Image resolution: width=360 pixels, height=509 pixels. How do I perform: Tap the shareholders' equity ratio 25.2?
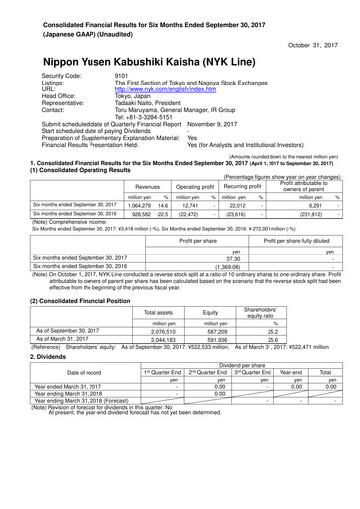coord(269,332)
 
